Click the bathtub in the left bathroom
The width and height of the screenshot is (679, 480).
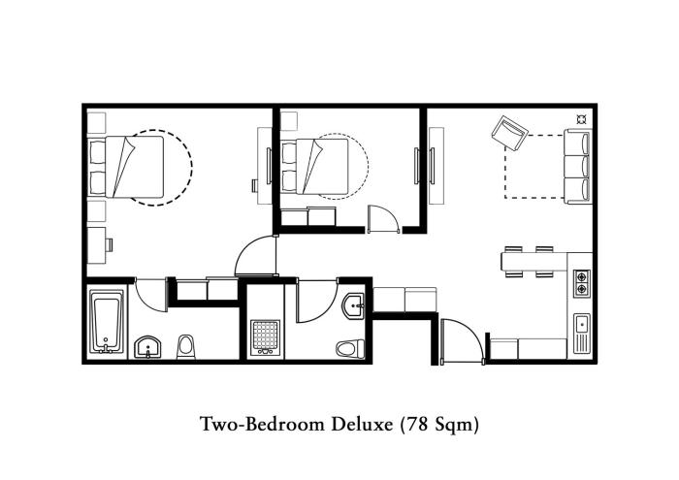107,322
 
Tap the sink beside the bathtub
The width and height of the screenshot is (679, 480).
147,347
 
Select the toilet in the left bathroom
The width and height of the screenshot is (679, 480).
186,347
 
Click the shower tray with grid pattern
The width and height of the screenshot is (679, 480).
265,337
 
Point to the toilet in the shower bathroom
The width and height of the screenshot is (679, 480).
351,348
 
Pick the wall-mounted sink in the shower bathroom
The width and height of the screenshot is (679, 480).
354,306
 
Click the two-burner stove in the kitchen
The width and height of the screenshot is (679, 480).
582,283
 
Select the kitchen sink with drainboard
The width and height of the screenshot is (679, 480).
582,333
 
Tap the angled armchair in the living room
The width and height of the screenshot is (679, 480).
510,133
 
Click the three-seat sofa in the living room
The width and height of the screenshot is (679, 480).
578,166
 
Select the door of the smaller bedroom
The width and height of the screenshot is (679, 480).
383,219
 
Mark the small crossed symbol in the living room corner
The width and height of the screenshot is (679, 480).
582,119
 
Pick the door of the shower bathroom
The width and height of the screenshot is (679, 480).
317,302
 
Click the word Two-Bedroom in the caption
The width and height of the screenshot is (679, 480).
262,424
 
